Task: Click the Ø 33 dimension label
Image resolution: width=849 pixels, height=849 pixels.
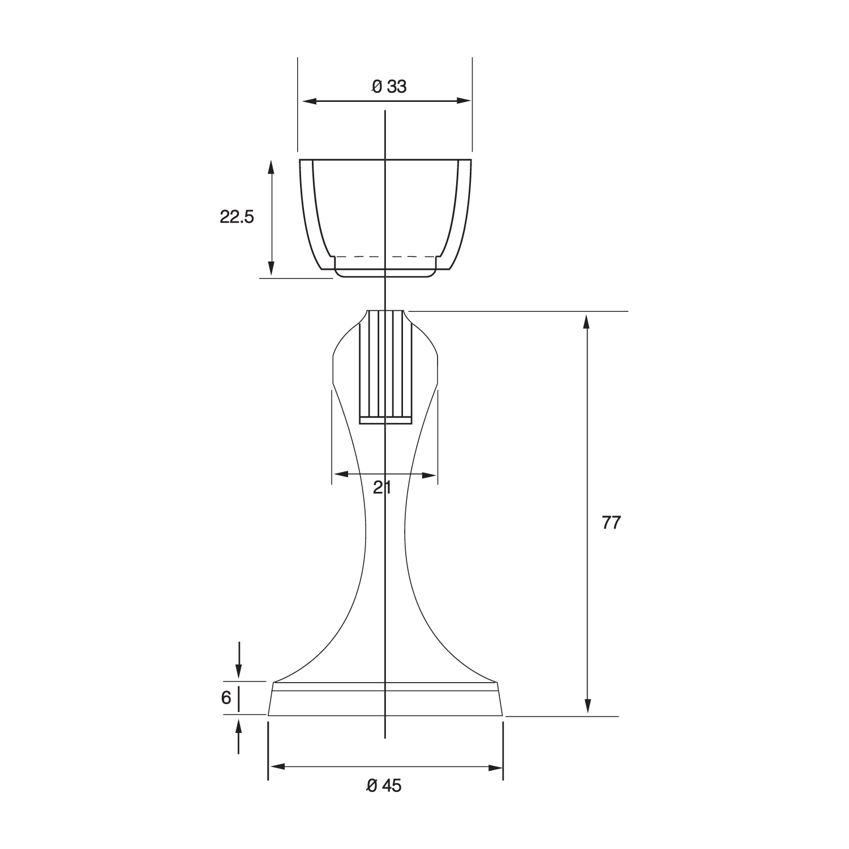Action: coord(389,87)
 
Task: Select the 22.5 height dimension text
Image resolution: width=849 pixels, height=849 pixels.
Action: coord(237,217)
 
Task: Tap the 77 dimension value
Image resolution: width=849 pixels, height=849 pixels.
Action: coord(611,522)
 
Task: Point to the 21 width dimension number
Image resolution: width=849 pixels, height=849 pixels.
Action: coord(382,487)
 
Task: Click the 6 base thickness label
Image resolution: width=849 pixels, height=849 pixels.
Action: coord(226,698)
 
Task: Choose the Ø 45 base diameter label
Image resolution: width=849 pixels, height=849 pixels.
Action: coord(384,786)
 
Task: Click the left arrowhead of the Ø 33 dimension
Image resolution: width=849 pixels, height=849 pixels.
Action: coord(310,101)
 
